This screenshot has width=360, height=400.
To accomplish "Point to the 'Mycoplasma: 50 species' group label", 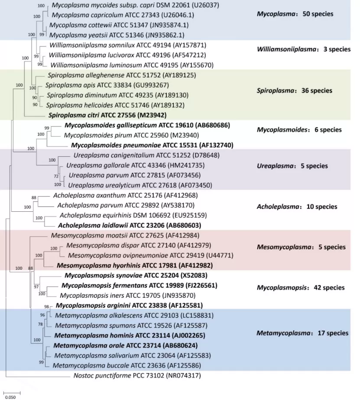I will tap(295, 14).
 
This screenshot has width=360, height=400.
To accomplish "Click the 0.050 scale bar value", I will tap(10, 396).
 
